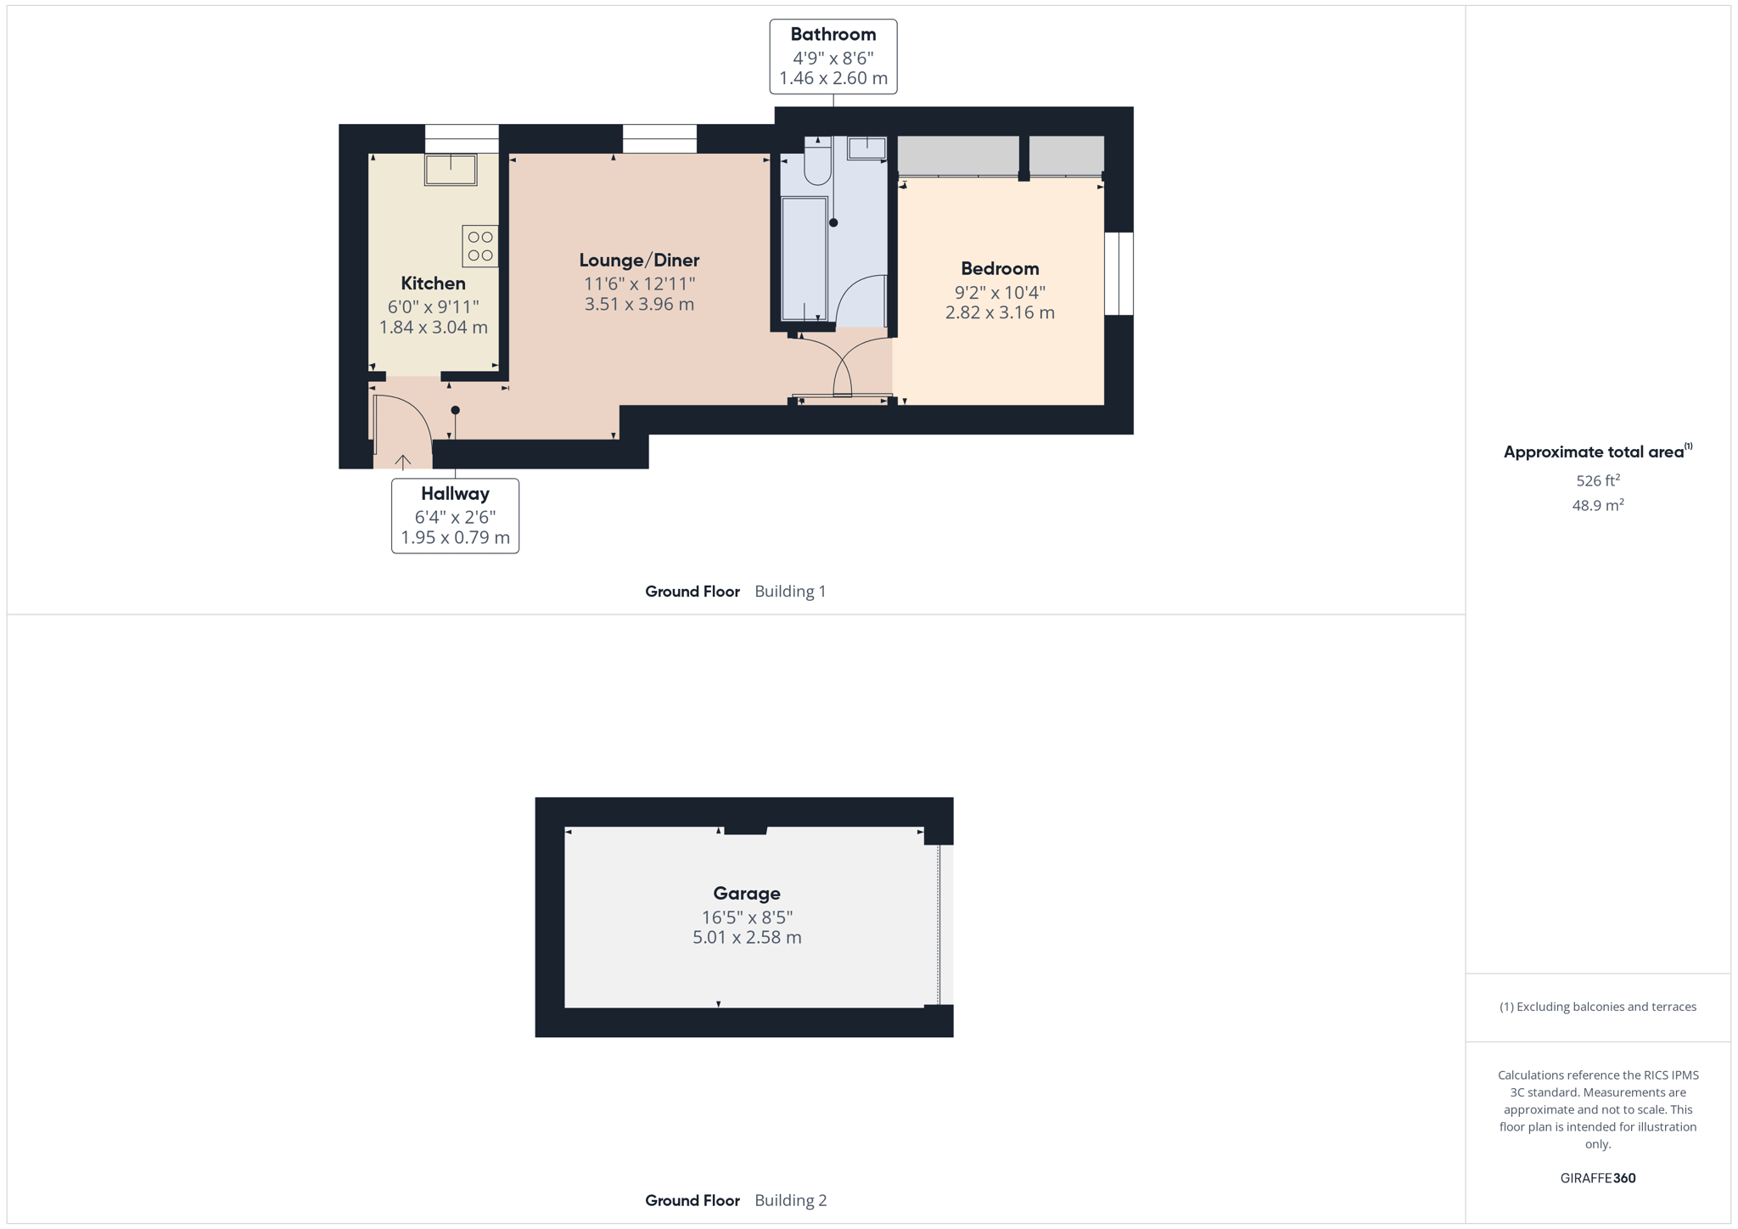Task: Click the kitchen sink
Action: [451, 169]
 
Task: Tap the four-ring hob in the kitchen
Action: [480, 246]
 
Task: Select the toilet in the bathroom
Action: [818, 160]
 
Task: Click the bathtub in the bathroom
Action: [804, 259]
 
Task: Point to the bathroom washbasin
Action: [866, 148]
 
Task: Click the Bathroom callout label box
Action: [833, 57]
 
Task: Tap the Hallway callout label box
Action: [455, 516]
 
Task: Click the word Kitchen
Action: [433, 283]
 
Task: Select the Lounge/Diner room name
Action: [639, 261]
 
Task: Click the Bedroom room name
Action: [1000, 269]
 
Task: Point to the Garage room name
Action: [747, 894]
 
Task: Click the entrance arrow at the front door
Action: [403, 461]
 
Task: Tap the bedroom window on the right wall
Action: [1118, 273]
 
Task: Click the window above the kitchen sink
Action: [462, 138]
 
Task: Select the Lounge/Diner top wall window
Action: [659, 138]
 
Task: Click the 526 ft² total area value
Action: [1598, 480]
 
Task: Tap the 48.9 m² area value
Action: [1598, 505]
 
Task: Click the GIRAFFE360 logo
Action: [1598, 1178]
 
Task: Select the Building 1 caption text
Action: [790, 592]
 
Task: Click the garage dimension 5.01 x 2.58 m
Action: [747, 938]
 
